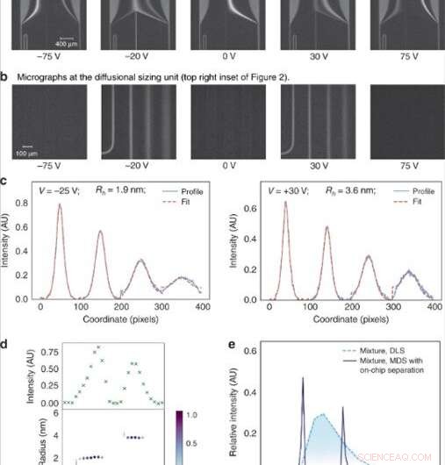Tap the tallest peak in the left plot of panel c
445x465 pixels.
coord(61,204)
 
